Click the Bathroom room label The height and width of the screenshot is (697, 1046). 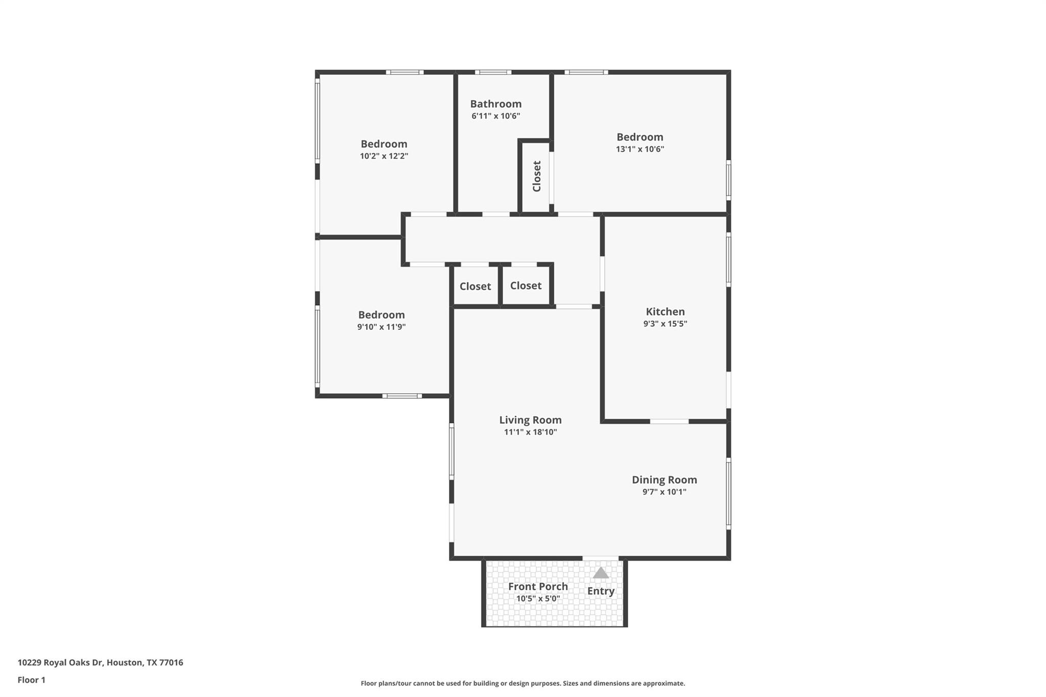click(x=495, y=104)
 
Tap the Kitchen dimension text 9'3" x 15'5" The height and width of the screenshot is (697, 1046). click(x=665, y=324)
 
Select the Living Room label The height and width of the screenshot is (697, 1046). click(x=530, y=420)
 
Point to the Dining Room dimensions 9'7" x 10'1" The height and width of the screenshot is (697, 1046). click(x=664, y=492)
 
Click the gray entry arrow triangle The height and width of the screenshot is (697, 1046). click(x=601, y=573)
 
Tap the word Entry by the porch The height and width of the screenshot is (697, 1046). click(x=601, y=591)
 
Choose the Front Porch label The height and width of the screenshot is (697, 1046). click(x=538, y=586)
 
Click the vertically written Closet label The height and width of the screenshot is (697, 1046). click(x=536, y=176)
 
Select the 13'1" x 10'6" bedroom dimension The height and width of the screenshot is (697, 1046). click(x=639, y=149)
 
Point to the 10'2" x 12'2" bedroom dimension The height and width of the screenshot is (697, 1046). click(x=384, y=156)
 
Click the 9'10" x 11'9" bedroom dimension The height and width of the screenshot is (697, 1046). click(x=381, y=327)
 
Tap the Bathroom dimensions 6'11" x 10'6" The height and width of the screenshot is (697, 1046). click(x=495, y=116)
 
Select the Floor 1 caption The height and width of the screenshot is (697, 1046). click(x=32, y=680)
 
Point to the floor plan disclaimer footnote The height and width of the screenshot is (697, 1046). click(x=522, y=683)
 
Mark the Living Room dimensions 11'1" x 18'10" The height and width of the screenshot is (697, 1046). click(x=530, y=432)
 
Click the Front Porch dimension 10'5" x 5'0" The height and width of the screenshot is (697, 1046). click(x=538, y=598)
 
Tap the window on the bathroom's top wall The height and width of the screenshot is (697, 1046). click(x=492, y=72)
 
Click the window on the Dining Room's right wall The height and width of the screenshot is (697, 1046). click(x=728, y=493)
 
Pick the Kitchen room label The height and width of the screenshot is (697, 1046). click(x=665, y=311)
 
